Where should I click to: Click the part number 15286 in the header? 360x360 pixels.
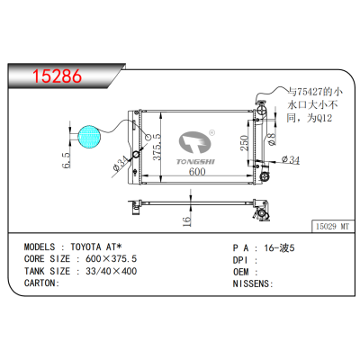(x=57, y=76)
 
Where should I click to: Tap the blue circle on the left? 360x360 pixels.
(x=89, y=137)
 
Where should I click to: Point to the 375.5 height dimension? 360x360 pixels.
(x=155, y=143)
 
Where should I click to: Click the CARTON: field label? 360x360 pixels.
(x=40, y=283)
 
